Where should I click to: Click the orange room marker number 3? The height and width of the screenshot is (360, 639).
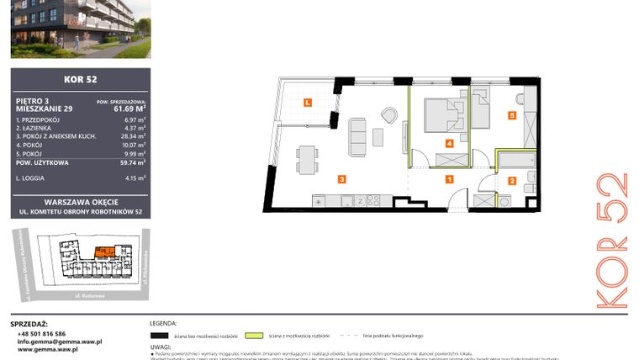[342, 178]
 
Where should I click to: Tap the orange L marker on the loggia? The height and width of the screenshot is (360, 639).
[307, 103]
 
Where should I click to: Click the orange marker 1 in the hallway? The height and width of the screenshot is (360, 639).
[449, 178]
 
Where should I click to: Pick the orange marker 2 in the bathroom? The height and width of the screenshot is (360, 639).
[511, 180]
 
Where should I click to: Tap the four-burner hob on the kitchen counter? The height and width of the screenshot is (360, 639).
[373, 200]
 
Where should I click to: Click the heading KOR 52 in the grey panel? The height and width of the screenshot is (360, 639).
[80, 81]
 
